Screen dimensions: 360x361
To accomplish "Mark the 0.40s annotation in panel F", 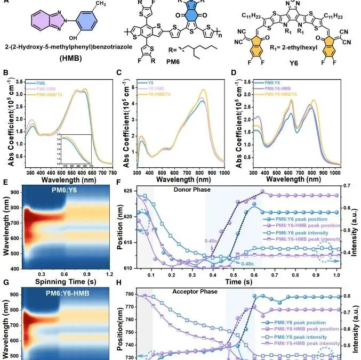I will pyautogui.click(x=210, y=241).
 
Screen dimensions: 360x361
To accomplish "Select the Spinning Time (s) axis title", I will pyautogui.click(x=58, y=280).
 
